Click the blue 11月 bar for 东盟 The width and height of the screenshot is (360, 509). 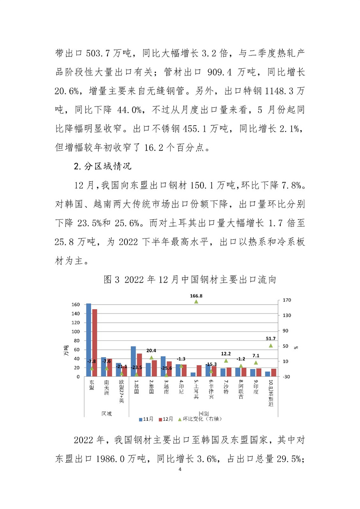(88, 340)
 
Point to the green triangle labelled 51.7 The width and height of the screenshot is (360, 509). (271, 345)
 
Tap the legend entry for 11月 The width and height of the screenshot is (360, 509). (147, 419)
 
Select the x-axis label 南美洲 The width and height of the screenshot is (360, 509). (106, 387)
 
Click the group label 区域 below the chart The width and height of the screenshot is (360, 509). (106, 413)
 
